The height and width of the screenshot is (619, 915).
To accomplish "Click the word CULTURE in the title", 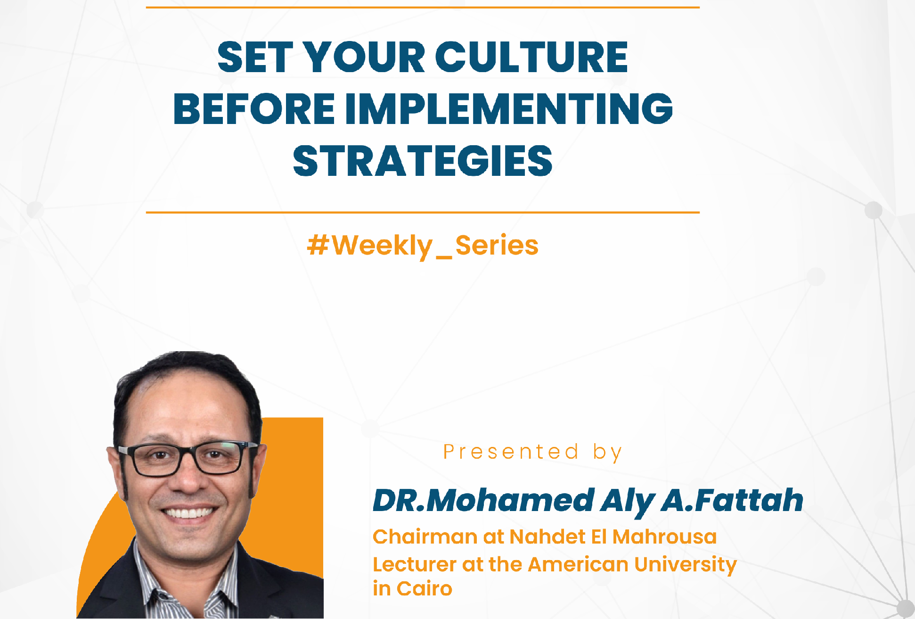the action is [x=531, y=57].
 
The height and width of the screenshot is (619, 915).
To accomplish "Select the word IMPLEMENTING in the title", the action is [x=509, y=108].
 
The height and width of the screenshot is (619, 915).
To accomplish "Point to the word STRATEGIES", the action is [x=423, y=161].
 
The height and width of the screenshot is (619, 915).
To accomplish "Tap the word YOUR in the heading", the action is [x=365, y=57].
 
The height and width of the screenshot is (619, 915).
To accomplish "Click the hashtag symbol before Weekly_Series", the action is [x=318, y=245].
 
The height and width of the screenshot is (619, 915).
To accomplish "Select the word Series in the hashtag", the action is [x=497, y=245].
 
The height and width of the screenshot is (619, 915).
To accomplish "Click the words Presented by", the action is [x=533, y=452].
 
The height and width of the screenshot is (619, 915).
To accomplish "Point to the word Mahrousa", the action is [x=664, y=537].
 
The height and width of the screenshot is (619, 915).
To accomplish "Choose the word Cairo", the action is [x=424, y=589].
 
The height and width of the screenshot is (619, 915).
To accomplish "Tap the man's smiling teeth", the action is [x=189, y=512].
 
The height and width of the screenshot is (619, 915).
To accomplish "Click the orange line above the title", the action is [x=423, y=8].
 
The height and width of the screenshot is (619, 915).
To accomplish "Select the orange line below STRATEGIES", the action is [x=423, y=213].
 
